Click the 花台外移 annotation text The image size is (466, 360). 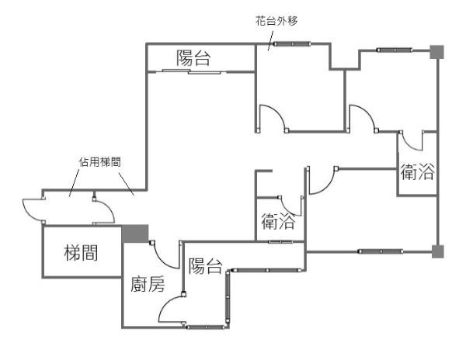coord(276,21)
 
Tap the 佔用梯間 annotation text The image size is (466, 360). coord(99,162)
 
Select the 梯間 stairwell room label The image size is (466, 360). coord(81,253)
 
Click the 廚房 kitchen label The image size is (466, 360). coord(148,284)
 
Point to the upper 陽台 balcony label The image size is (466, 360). coord(193,58)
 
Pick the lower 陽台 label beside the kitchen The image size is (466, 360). coord(205,266)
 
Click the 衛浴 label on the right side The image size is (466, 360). coord(417,171)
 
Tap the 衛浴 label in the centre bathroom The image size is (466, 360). coord(278,221)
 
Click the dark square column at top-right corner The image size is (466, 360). coord(436,52)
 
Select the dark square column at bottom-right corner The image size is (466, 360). coord(437,251)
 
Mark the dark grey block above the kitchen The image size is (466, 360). coord(135,234)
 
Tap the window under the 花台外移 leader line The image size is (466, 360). coord(293,44)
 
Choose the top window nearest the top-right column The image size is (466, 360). coord(395,50)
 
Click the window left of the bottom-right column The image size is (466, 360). coord(381,251)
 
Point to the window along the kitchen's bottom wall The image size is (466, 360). coord(205,327)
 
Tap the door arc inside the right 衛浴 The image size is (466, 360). coord(412,141)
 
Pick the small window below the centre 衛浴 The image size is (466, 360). coord(280,242)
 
